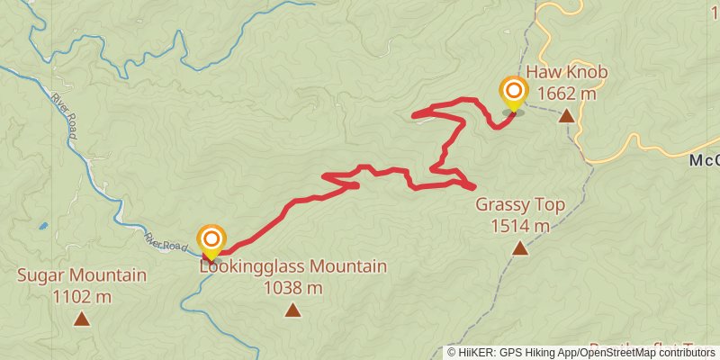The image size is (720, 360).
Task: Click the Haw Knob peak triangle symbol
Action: pos(566,115)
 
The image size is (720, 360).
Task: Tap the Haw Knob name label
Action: pos(567,73)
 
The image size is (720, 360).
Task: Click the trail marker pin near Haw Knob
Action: pos(513,93)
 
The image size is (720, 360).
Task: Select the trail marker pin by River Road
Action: pos(211,240)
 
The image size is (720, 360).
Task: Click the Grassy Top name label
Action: pos(520,205)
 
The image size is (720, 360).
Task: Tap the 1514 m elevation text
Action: pos(520,226)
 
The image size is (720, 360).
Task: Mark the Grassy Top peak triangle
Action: pos(519,247)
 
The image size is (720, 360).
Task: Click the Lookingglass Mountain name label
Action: pos(293,267)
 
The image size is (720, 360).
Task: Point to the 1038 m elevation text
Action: pos(293,288)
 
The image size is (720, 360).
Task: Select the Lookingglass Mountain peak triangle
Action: pos(292,310)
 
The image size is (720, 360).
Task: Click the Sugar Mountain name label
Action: pos(82,275)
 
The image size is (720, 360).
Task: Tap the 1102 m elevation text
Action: pos(82,296)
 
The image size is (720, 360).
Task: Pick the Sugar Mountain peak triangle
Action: pos(82,318)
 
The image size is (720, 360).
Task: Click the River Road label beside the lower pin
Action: pos(166,238)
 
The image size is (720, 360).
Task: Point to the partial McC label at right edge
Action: pos(705,160)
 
